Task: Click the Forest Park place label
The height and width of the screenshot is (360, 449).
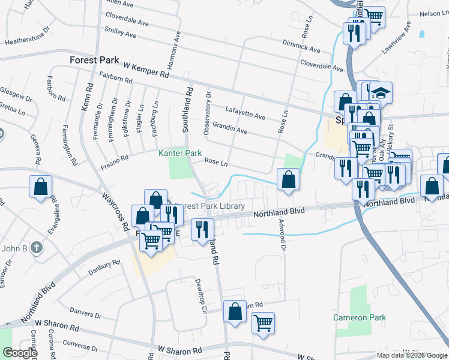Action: (x=95, y=60)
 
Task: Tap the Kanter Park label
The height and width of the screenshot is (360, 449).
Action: (x=180, y=154)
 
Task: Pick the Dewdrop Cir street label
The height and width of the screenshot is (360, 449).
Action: (x=200, y=296)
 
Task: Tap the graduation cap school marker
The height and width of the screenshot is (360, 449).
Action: (x=380, y=93)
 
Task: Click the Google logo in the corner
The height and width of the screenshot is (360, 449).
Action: (x=20, y=353)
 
